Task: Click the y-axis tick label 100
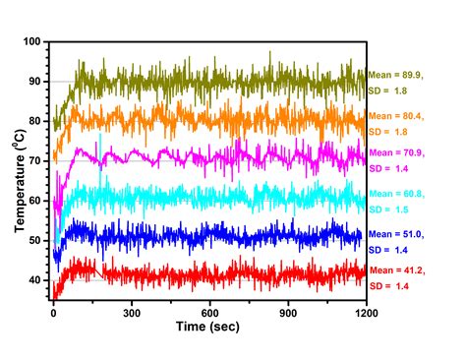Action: pos(31,41)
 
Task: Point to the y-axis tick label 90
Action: pos(34,82)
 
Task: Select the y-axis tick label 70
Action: pos(34,161)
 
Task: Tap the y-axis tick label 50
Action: pos(34,240)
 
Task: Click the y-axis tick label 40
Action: pos(34,280)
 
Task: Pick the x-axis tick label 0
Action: pos(53,313)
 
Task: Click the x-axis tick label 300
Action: pos(132,313)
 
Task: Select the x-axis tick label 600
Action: pos(209,313)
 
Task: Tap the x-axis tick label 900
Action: pos(288,313)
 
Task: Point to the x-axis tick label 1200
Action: pos(366,313)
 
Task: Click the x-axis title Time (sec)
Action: pos(207,327)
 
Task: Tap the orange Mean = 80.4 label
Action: pos(396,116)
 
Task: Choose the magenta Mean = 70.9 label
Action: pos(397,152)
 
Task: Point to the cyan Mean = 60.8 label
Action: pos(397,194)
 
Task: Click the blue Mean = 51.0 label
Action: pos(396,234)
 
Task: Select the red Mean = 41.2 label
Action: pos(397,270)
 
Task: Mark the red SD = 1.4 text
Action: pos(389,286)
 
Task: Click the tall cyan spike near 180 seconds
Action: pos(100,154)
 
